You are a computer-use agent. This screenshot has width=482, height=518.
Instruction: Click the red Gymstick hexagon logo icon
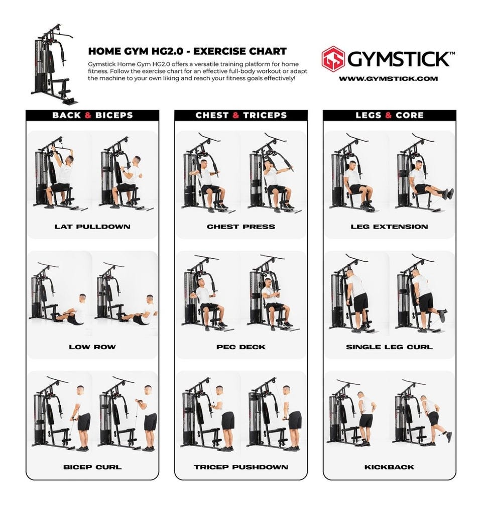point(333,58)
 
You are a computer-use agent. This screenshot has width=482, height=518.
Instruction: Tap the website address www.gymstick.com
point(388,78)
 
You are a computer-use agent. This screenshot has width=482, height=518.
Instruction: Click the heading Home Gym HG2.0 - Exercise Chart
point(187,51)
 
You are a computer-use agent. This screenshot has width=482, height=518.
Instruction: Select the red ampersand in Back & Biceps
point(88,115)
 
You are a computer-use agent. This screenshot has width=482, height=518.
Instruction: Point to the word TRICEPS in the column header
point(265,115)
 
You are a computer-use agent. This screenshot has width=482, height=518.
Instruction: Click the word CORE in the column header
point(409,115)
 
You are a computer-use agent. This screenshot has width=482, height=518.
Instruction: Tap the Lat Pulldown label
point(92,227)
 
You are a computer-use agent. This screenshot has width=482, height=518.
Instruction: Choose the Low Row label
point(92,347)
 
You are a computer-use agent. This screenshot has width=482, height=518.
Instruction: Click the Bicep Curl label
point(92,467)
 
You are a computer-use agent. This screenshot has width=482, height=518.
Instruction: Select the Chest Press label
point(241,227)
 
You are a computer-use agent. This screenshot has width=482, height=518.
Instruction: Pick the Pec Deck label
point(241,347)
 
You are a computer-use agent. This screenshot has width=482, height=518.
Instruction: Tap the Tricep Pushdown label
point(241,467)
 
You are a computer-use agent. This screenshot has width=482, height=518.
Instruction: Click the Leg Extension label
point(390,227)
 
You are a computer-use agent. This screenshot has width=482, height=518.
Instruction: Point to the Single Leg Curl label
point(390,347)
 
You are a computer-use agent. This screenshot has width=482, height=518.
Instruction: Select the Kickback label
point(390,467)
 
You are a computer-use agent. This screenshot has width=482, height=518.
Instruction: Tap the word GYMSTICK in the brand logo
point(399,59)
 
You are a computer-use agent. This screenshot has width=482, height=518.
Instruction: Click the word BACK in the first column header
point(66,115)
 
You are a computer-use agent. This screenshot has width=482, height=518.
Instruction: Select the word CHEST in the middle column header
point(212,115)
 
